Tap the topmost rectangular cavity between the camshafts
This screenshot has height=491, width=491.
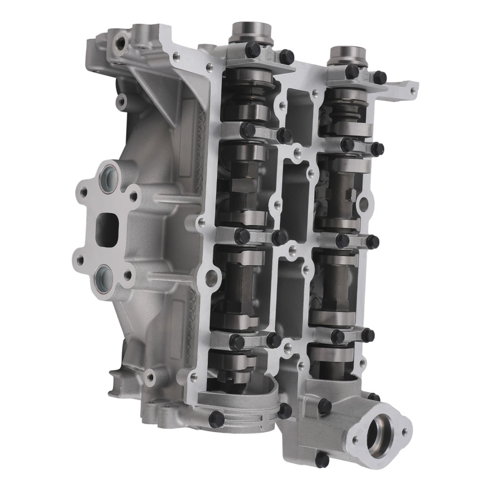pos(299,110)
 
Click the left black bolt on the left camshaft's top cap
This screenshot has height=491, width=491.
pos(252,49)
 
